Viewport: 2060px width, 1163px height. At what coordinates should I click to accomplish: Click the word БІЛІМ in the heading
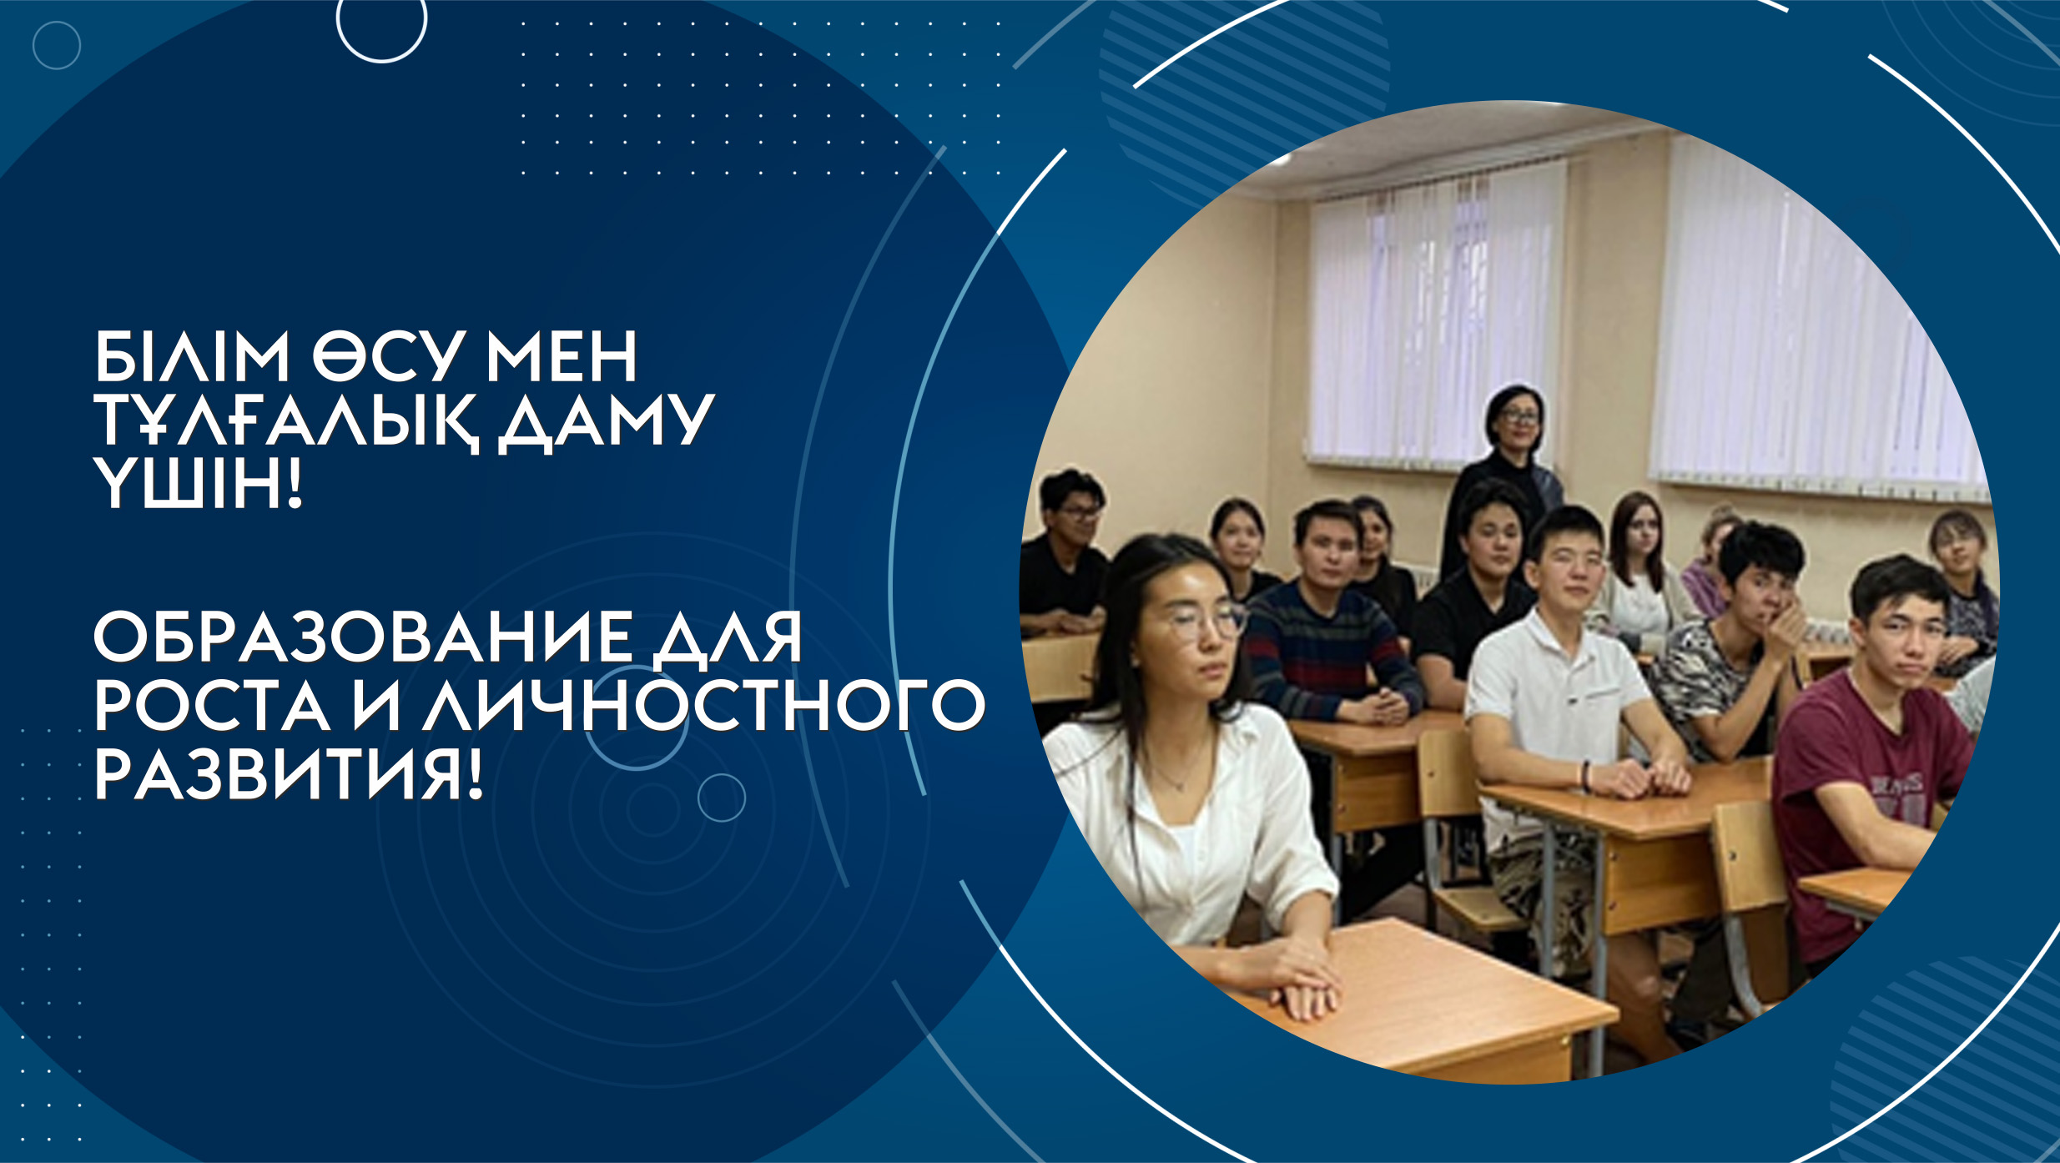point(192,356)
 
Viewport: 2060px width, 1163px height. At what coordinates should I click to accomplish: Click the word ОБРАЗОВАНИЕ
point(363,637)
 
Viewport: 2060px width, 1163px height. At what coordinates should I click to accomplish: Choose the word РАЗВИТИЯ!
point(289,773)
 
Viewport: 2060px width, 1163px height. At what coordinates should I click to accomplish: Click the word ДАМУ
point(607,421)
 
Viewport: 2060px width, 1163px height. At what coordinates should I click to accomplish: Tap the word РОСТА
point(212,706)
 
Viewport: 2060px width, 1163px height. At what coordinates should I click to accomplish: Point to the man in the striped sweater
point(1331,617)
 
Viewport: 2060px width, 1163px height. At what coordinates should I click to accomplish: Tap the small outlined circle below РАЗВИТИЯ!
point(722,798)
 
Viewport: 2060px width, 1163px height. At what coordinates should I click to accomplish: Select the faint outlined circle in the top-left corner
point(57,45)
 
